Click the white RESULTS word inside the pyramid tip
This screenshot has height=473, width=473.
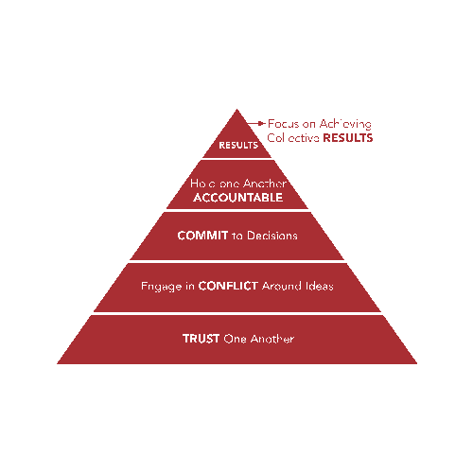click(238, 145)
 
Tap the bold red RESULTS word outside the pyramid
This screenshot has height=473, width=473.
click(348, 138)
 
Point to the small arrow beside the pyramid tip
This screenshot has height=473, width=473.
click(256, 123)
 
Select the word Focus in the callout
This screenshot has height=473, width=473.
click(283, 124)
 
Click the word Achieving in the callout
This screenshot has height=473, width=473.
click(345, 124)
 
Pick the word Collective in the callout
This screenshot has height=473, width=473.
click(293, 138)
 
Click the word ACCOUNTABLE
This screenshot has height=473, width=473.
click(238, 198)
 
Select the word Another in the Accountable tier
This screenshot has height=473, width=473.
click(265, 184)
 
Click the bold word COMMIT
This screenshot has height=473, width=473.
click(202, 236)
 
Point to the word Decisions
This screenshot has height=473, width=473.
click(272, 236)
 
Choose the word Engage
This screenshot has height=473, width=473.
click(161, 287)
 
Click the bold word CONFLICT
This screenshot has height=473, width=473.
click(228, 286)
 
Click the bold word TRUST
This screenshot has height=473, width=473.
click(201, 339)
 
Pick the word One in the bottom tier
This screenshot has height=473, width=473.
click(235, 339)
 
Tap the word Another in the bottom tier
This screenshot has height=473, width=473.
click(272, 339)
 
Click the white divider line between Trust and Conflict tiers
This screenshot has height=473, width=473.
click(237, 313)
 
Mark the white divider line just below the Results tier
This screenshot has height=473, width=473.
click(237, 159)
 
